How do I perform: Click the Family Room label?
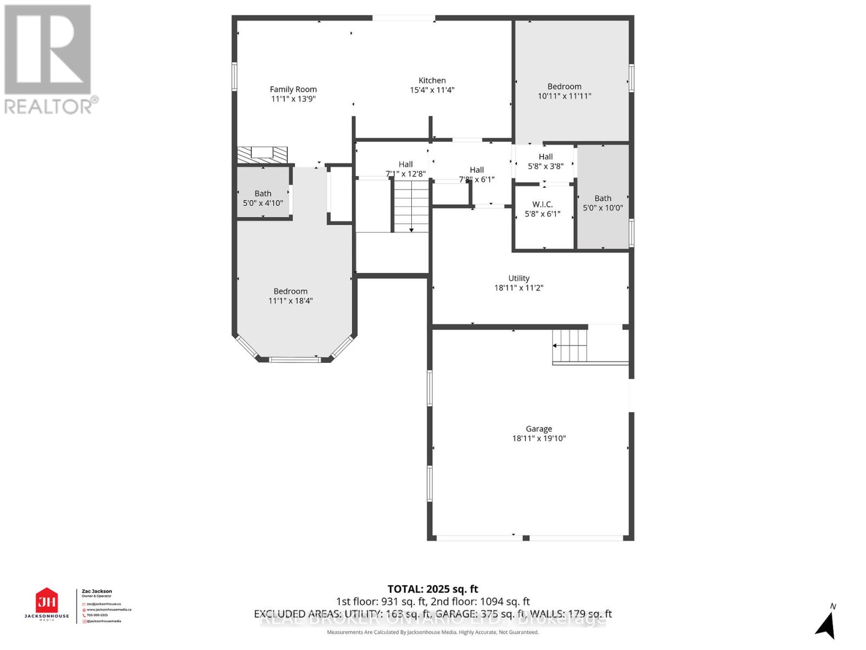[x=293, y=89]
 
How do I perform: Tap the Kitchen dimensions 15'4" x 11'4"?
[x=432, y=90]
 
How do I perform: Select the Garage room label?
[x=539, y=428]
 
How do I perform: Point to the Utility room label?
[x=519, y=278]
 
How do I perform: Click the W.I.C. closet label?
[x=542, y=204]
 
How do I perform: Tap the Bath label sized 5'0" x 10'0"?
[x=602, y=198]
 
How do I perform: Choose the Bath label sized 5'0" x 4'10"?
[x=263, y=193]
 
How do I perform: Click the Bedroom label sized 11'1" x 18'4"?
[x=290, y=291]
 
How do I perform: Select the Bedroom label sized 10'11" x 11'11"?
[x=564, y=86]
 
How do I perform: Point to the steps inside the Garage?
[x=570, y=346]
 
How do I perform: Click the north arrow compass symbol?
[x=825, y=624]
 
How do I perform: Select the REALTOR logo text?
[x=51, y=106]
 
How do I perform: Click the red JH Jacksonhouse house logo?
[x=47, y=601]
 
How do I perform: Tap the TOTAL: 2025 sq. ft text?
[x=432, y=589]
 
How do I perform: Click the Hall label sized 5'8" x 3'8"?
[x=545, y=157]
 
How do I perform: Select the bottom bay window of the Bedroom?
[x=294, y=359]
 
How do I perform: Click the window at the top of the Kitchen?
[x=404, y=18]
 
